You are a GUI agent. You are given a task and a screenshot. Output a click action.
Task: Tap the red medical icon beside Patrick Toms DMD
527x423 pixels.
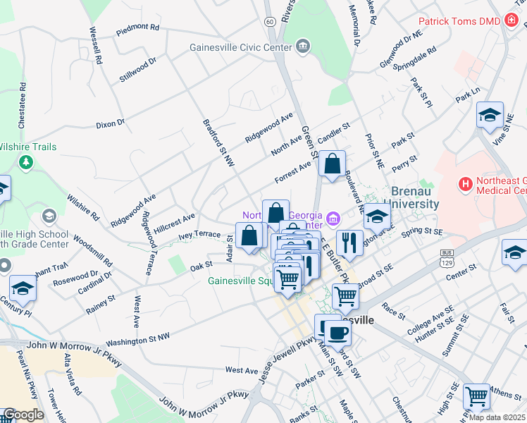[511, 21]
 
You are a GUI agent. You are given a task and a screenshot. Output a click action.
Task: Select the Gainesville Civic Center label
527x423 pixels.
[240, 48]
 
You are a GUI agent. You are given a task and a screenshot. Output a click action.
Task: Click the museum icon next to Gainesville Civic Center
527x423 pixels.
[302, 48]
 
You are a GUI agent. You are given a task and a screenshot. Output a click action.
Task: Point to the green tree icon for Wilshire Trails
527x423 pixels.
[27, 163]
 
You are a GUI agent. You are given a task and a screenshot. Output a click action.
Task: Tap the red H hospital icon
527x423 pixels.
[465, 185]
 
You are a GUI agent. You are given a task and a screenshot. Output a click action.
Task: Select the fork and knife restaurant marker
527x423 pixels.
[349, 244]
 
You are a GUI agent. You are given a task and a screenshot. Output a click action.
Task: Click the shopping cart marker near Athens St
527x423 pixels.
[477, 397]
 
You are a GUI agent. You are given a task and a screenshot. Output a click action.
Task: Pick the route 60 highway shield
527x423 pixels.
[271, 22]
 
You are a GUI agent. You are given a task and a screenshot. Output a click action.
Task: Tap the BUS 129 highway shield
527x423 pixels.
[446, 256]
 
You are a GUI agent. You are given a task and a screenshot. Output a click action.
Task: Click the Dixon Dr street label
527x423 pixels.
[110, 123]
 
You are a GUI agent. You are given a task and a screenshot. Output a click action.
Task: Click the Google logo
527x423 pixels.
[23, 415]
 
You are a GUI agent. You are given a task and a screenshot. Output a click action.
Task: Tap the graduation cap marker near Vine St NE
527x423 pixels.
[490, 115]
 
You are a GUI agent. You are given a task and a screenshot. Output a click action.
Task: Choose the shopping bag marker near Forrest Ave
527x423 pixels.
[331, 164]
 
